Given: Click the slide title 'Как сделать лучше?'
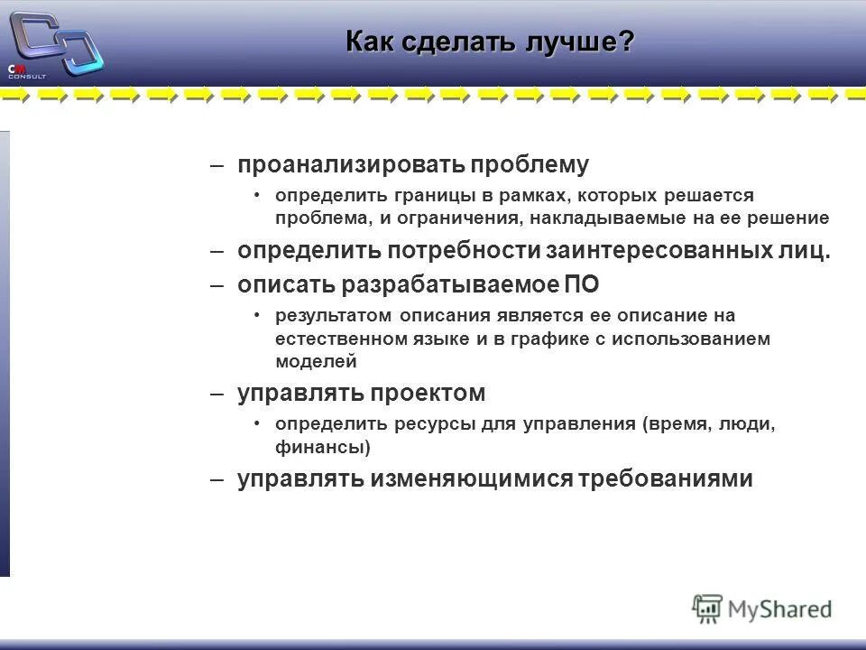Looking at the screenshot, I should (491, 42).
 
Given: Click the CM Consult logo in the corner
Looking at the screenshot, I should (54, 45).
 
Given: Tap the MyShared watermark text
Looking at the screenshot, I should (779, 609).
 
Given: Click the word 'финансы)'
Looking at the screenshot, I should (323, 446).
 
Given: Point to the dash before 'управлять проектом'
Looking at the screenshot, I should (216, 394).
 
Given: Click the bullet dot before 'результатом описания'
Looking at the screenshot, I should (257, 315).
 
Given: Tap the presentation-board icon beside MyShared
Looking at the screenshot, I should (707, 608).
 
